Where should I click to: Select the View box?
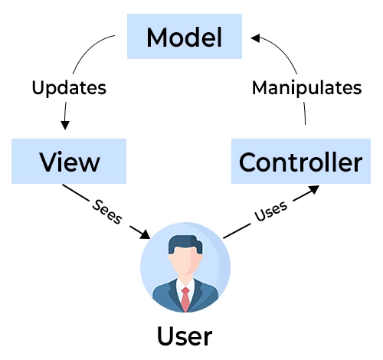(69, 162)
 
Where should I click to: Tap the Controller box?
(300, 162)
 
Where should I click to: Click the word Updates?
(68, 87)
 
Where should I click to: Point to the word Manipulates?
(306, 87)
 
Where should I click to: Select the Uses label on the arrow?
(270, 208)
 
